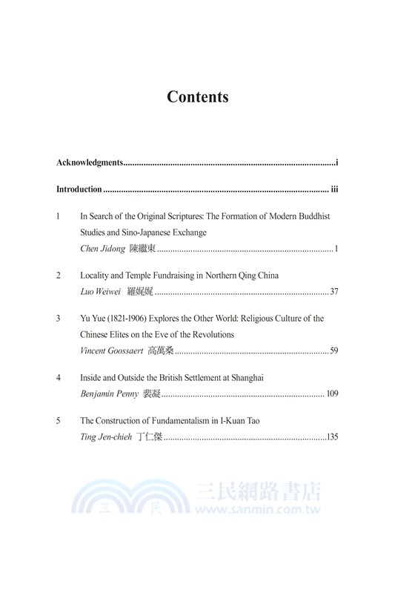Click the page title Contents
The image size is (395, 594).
point(197,97)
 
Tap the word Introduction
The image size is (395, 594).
point(79,189)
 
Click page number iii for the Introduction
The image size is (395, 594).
point(334,189)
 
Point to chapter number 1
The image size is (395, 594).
point(59,216)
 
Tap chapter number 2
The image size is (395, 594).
point(59,275)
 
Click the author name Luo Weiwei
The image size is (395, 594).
point(99,291)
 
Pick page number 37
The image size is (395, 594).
point(333,291)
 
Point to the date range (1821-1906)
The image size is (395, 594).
point(126,319)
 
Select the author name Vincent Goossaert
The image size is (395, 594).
point(111,350)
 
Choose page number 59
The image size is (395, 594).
point(333,350)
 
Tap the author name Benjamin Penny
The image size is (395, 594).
point(108,394)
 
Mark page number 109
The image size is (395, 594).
point(332,394)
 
